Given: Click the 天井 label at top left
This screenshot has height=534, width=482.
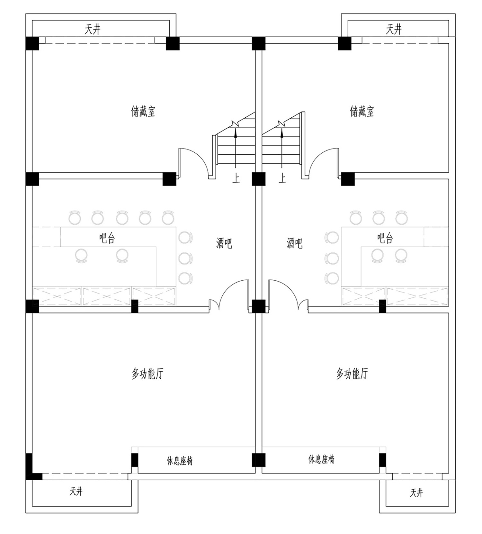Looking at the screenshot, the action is point(93,30).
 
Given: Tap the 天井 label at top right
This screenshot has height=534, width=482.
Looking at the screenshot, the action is point(394,30).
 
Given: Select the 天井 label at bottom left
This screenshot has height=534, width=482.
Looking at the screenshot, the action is point(76,491).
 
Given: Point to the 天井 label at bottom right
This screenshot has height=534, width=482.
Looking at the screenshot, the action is point(416,493).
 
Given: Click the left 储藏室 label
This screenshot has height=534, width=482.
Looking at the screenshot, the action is point(143,112).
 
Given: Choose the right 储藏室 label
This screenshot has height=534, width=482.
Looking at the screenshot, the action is point(362,112).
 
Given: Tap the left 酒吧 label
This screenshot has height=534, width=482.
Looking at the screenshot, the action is point(224,243).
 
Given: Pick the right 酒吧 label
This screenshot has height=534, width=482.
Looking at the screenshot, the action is point(295,243).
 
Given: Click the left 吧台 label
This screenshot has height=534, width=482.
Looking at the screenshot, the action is point(107,238).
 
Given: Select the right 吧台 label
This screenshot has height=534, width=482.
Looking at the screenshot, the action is point(385,238).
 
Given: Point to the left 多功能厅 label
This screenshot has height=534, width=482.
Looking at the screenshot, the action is point(147,374).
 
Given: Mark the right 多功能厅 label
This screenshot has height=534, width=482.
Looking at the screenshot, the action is point(352,374).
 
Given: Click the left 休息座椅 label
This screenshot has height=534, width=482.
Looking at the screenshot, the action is point(180,461).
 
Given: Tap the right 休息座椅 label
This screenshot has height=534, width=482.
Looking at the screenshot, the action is point(321,459).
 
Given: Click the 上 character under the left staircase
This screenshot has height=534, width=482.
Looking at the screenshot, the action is point(236,178).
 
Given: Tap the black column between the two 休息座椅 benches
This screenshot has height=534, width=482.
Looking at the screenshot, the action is point(259,460).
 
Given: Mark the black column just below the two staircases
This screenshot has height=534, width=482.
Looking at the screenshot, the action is point(259,179).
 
